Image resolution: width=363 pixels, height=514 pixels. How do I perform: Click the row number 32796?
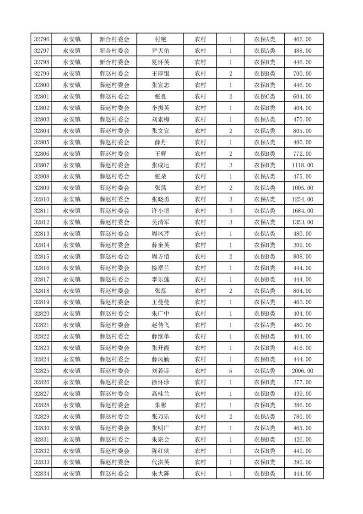click(x=42, y=39)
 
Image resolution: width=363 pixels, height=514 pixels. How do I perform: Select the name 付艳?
click(x=160, y=39)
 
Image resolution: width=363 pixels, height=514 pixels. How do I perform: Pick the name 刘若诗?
click(x=160, y=371)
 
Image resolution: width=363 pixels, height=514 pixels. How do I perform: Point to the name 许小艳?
click(x=160, y=211)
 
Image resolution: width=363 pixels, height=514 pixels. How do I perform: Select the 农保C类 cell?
click(x=265, y=97)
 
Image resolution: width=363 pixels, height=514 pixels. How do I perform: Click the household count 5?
click(x=230, y=371)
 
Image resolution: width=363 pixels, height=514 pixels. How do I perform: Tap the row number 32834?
click(x=42, y=473)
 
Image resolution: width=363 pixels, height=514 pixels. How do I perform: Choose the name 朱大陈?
click(x=160, y=473)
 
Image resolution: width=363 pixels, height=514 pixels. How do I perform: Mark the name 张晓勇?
click(x=160, y=199)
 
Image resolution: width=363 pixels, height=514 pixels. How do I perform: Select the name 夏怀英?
click(x=160, y=62)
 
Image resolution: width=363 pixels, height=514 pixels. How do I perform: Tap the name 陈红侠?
click(x=160, y=450)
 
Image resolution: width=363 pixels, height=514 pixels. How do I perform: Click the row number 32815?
click(x=42, y=257)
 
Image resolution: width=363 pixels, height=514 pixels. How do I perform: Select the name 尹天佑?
click(x=160, y=51)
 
